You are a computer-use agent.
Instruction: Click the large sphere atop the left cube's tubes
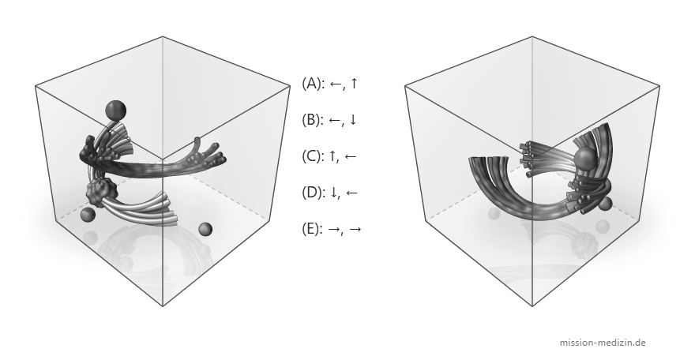[115, 110]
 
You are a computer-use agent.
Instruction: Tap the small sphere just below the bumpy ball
[88, 216]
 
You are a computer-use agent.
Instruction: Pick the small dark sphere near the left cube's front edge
[205, 230]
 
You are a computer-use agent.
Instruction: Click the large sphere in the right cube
[585, 159]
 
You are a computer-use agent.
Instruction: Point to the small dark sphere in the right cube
[605, 204]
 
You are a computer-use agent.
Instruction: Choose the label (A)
[314, 83]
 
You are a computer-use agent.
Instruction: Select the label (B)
[314, 119]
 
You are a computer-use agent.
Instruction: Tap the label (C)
[314, 156]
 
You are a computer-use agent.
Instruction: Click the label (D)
[314, 193]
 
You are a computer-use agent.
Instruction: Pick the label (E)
[313, 229]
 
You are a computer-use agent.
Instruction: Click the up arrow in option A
[353, 83]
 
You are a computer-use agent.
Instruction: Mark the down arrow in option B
[353, 120]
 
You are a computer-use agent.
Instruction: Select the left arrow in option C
[350, 156]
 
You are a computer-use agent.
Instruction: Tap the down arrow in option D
[333, 193]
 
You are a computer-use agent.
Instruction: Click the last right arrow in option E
[355, 229]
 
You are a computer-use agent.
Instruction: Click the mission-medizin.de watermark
[603, 343]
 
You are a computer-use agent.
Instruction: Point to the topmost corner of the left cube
[163, 36]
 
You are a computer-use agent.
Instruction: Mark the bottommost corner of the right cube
[532, 306]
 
